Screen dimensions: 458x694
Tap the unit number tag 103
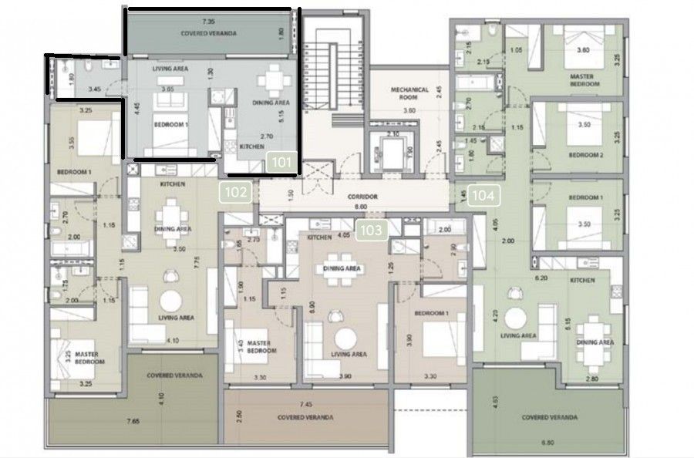pos(372,230)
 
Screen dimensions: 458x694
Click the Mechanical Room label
pos(408,93)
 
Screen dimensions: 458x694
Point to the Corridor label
pos(362,196)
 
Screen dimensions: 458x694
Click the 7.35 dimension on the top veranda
pos(207,24)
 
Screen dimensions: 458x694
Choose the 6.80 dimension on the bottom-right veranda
pos(547,443)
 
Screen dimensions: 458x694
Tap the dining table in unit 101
pos(274,82)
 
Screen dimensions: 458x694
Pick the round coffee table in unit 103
pos(345,337)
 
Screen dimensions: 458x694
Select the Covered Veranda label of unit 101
pos(207,34)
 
